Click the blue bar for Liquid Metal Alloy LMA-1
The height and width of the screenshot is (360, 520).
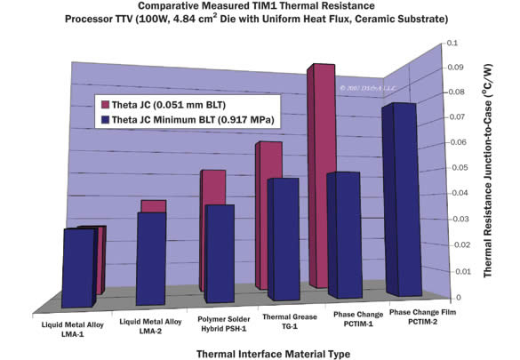click(x=83, y=267)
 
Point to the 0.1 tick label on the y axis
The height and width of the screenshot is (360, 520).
click(x=452, y=43)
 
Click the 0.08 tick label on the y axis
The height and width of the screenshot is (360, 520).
click(x=453, y=92)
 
